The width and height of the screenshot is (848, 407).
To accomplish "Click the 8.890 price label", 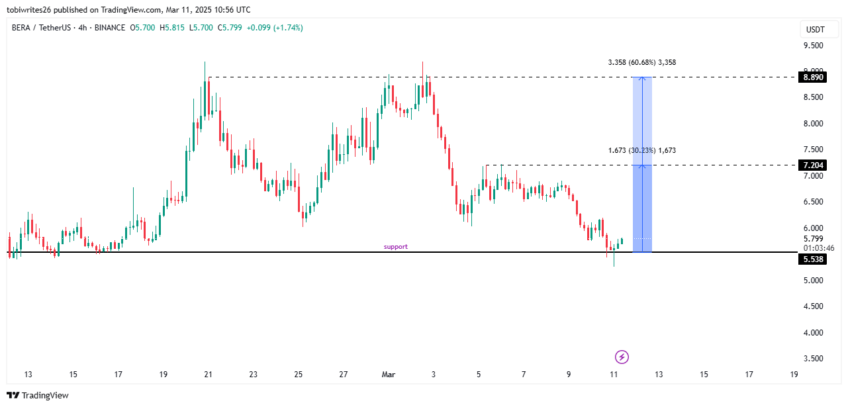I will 814,77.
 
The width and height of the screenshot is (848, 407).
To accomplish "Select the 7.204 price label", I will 814,165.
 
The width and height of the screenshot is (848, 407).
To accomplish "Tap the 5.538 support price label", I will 814,259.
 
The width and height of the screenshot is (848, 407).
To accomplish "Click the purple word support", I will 396,247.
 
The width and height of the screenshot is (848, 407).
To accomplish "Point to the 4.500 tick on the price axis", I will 814,306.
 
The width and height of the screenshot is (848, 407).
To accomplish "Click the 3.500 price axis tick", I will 814,359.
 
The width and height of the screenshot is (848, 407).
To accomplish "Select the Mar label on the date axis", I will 389,375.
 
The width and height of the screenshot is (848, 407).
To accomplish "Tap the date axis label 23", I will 254,375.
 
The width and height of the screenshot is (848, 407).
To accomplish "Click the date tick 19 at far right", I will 794,375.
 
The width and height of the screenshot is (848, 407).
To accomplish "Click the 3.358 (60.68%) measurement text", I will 641,62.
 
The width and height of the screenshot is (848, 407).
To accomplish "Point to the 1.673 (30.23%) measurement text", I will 641,150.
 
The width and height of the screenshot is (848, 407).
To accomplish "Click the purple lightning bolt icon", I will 622,357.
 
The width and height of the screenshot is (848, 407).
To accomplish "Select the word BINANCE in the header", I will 110,28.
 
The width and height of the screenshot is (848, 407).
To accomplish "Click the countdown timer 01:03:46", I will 818,248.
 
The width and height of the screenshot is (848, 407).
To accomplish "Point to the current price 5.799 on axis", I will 814,239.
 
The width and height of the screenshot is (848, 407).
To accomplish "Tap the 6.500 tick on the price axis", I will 814,202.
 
